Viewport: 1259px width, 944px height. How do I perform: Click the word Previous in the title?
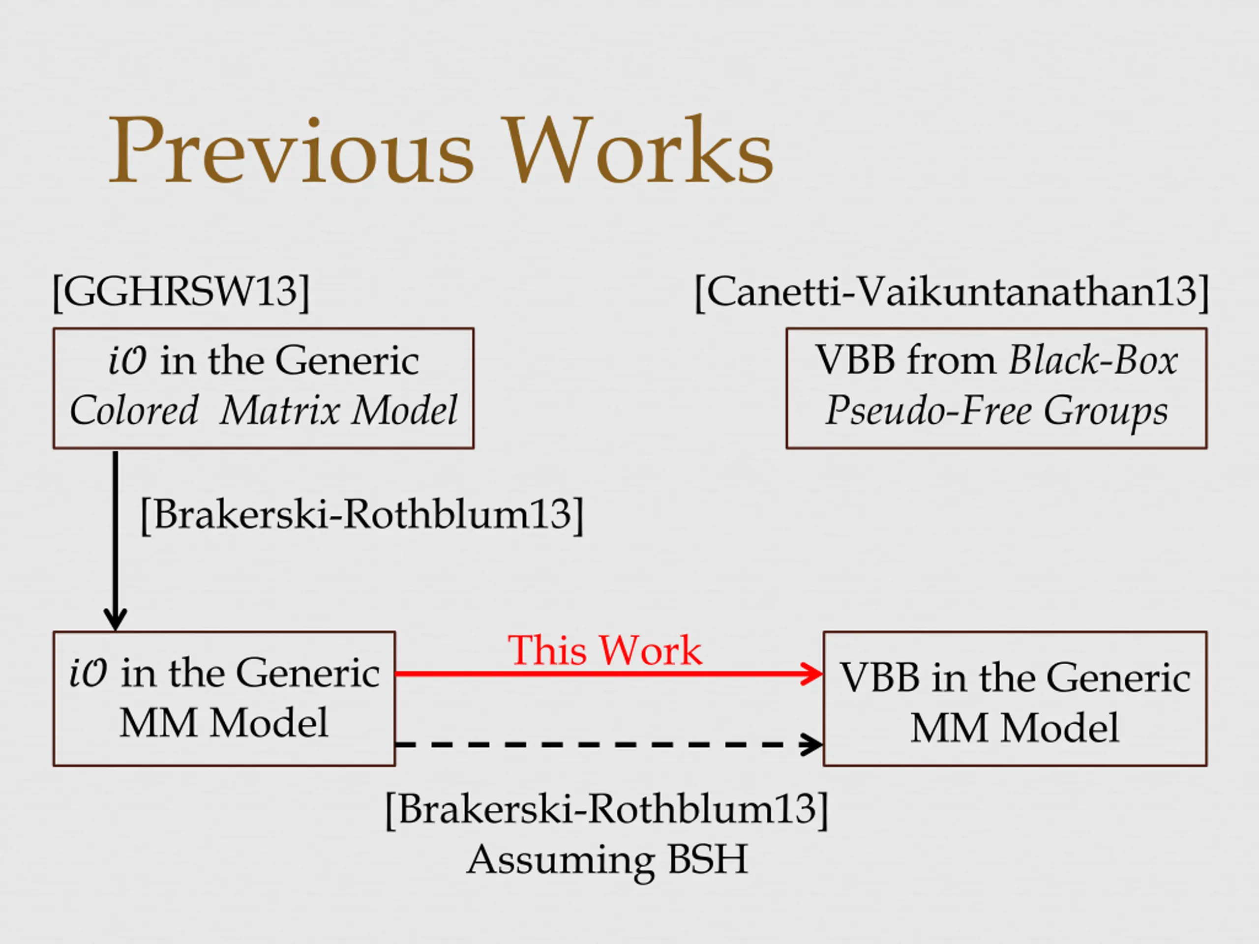coord(290,151)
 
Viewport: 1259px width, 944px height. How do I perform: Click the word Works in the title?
coord(637,151)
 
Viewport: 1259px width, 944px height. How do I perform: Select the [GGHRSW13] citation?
coord(181,292)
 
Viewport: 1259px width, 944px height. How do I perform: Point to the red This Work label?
coord(604,650)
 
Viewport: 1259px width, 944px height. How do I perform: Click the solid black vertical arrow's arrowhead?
coord(116,619)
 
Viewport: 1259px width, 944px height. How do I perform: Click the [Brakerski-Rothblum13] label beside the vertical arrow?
coord(362,514)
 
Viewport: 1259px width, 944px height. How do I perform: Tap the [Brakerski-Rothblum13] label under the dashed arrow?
coord(607,809)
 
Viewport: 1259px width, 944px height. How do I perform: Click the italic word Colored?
coord(134,410)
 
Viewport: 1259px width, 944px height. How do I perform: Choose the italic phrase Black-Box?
coord(1093,360)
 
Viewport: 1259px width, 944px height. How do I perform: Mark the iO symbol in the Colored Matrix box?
coord(127,361)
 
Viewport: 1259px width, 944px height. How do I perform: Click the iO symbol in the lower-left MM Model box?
coord(88,673)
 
